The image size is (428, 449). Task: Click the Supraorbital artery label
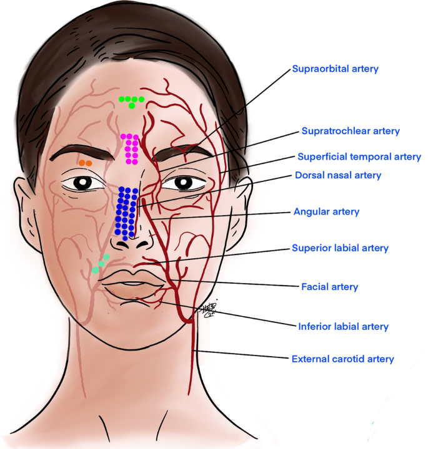[335, 69]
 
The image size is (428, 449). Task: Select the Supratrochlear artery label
[350, 131]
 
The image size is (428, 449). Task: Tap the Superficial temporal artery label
[359, 157]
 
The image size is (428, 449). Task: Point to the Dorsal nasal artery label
[337, 175]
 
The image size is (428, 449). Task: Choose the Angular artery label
[326, 212]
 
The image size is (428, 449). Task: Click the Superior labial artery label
[340, 248]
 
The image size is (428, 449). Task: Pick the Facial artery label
[330, 287]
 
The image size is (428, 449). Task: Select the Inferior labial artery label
[343, 326]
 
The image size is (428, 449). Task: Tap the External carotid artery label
[342, 359]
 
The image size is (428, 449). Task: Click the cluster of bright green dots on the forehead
[132, 100]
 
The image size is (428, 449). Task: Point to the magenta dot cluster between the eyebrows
[131, 149]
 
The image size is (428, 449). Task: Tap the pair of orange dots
[86, 163]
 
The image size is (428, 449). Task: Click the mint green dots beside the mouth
[101, 264]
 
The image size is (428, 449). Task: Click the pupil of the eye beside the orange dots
[83, 183]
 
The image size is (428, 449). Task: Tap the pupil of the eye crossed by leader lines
[183, 183]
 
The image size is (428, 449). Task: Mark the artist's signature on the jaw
[207, 310]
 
